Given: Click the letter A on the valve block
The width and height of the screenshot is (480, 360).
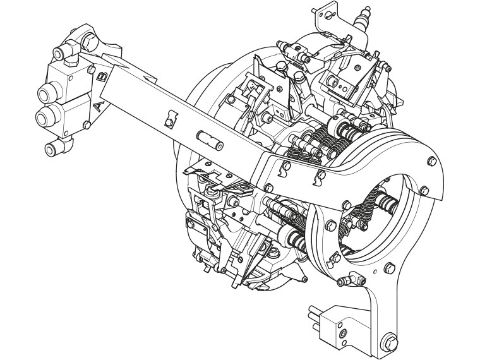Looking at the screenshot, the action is point(98,107).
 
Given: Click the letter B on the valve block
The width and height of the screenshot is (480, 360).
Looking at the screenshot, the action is point(102,76).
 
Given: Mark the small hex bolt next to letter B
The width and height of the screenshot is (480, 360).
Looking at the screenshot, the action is point(90,70).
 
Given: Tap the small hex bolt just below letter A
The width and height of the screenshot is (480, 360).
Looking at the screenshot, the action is point(87,124).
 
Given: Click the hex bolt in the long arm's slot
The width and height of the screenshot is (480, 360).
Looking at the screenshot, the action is point(169,123).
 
